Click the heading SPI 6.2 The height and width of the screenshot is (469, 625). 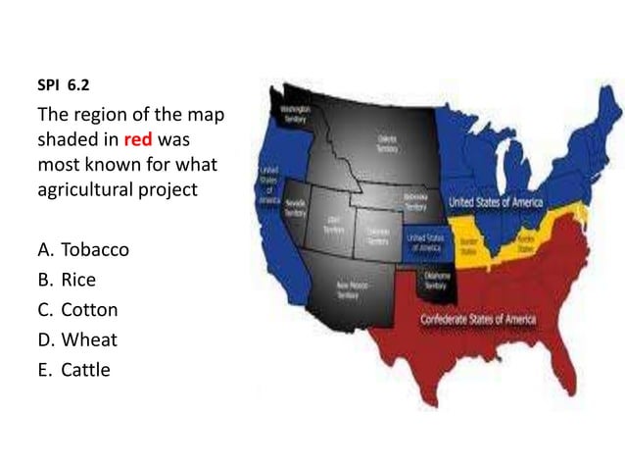(61, 86)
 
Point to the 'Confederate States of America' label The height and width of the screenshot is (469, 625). (477, 321)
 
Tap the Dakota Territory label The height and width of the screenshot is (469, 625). (387, 143)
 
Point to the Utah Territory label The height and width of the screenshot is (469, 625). (333, 223)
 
